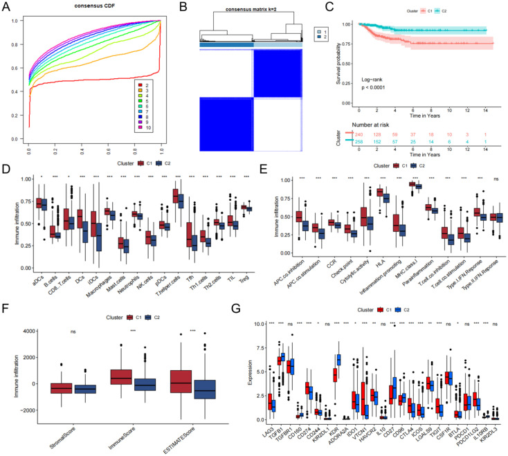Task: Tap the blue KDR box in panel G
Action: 338,359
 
